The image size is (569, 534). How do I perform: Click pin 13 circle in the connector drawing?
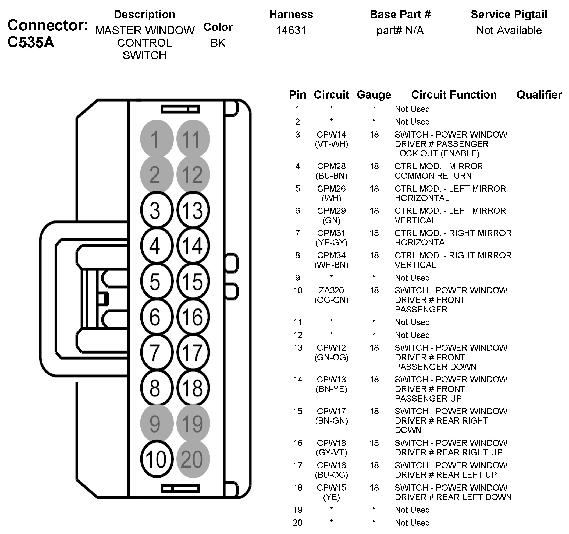tap(193, 210)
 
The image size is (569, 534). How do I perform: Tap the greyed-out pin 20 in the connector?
tap(193, 459)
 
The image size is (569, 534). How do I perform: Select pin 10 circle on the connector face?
tap(157, 459)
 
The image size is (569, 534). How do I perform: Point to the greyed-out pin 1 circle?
tap(157, 139)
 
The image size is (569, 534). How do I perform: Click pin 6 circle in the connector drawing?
tap(157, 317)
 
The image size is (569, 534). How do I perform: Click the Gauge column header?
tap(374, 95)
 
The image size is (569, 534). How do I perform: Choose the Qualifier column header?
tap(539, 95)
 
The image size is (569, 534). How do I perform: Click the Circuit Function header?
tap(454, 95)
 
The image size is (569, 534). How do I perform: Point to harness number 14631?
tap(291, 30)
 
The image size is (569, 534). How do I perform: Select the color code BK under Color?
tap(218, 43)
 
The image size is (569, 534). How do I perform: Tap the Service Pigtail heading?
tap(508, 15)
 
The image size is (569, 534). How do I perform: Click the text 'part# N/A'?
tap(400, 30)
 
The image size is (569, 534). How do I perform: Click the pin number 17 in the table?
tap(298, 465)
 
